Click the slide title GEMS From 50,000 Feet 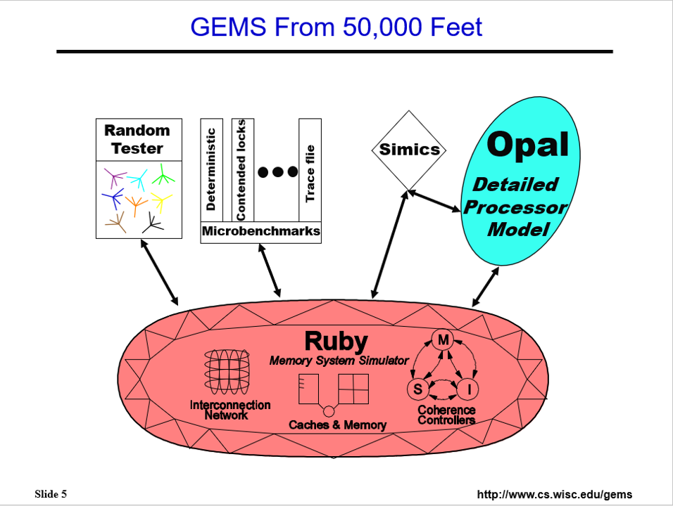[336, 27]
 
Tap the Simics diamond [408, 150]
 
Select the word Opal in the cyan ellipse [527, 145]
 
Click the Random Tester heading [137, 139]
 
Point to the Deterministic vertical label [211, 169]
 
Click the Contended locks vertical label [241, 169]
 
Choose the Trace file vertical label [310, 173]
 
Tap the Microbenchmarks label [260, 231]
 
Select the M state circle [444, 340]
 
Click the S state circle [417, 388]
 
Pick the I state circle [468, 388]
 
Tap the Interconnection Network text [230, 410]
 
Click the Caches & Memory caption [337, 425]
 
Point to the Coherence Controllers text [446, 415]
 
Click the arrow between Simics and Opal [436, 202]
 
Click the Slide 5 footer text [51, 494]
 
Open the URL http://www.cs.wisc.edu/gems [554, 495]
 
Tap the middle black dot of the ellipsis [278, 172]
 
